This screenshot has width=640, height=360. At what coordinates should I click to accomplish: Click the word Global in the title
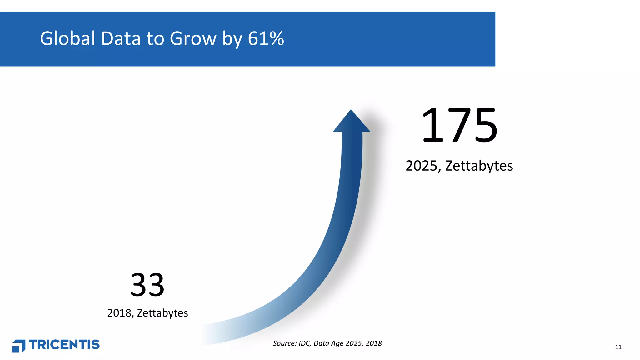[x=67, y=39]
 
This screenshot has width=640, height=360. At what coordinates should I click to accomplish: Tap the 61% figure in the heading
[x=266, y=39]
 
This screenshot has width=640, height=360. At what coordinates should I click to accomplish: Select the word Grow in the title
[x=193, y=39]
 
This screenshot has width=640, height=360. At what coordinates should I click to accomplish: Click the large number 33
[x=147, y=285]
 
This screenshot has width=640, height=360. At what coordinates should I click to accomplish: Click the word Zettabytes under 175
[x=479, y=166]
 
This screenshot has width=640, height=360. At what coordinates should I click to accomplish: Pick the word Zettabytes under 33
[x=162, y=313]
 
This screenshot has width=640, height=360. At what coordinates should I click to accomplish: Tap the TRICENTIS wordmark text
[x=64, y=345]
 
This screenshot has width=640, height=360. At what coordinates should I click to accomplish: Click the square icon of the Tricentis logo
[x=19, y=346]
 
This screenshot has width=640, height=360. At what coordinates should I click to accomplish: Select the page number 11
[x=618, y=347]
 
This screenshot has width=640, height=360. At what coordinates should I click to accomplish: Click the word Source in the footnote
[x=284, y=343]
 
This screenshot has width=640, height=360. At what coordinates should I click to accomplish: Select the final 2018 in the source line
[x=374, y=343]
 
